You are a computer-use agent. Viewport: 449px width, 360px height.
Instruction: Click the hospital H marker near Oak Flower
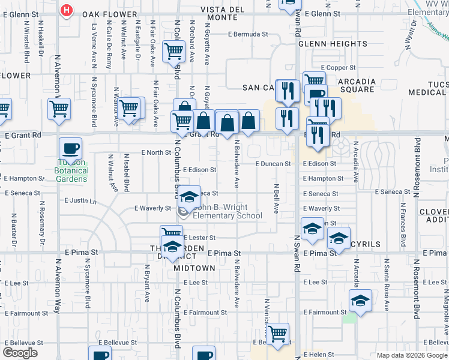point(67,10)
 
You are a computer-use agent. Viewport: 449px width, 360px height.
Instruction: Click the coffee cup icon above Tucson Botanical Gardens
point(71,148)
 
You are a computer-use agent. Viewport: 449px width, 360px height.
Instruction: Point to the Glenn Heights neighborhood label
point(333,44)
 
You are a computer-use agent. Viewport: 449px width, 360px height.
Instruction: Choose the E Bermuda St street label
point(247,34)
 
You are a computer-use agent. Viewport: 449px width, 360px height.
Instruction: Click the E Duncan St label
point(273,163)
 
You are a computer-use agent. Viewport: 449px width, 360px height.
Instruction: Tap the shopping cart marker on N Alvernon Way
point(59,109)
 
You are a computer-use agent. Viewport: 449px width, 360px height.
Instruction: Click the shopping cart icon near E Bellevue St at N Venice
point(277,333)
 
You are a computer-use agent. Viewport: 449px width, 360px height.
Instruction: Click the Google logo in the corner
point(20,353)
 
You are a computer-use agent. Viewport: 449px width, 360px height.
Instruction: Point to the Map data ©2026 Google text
point(411,355)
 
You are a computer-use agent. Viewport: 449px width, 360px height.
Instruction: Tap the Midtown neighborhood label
point(194,268)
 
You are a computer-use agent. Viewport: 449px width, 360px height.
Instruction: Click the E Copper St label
point(339,68)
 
